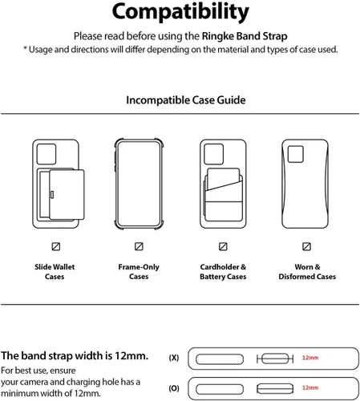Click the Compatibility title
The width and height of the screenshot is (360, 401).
(180, 12)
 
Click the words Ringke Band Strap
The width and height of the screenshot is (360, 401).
(245, 36)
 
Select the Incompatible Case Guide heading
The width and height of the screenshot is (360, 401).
(186, 100)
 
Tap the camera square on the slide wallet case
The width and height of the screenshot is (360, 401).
(47, 154)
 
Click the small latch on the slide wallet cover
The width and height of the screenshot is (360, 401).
(52, 195)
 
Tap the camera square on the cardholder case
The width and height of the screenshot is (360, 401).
(213, 154)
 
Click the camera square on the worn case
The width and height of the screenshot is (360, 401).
(296, 154)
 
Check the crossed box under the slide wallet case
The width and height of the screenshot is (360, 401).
(56, 246)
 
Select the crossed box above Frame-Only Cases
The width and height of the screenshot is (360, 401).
(139, 246)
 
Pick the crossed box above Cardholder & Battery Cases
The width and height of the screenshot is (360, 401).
(223, 246)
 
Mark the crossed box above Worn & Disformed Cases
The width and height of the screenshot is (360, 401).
(306, 246)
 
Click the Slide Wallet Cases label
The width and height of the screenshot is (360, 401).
(55, 272)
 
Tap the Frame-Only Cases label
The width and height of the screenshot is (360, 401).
(139, 272)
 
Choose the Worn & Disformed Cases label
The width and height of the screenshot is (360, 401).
(307, 272)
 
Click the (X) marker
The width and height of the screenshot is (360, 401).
(174, 358)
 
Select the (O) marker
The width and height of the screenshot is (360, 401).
(174, 388)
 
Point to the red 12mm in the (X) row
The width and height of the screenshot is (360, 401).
(310, 358)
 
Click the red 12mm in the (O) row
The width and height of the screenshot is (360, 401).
(310, 387)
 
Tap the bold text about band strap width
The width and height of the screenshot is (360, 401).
(75, 356)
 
